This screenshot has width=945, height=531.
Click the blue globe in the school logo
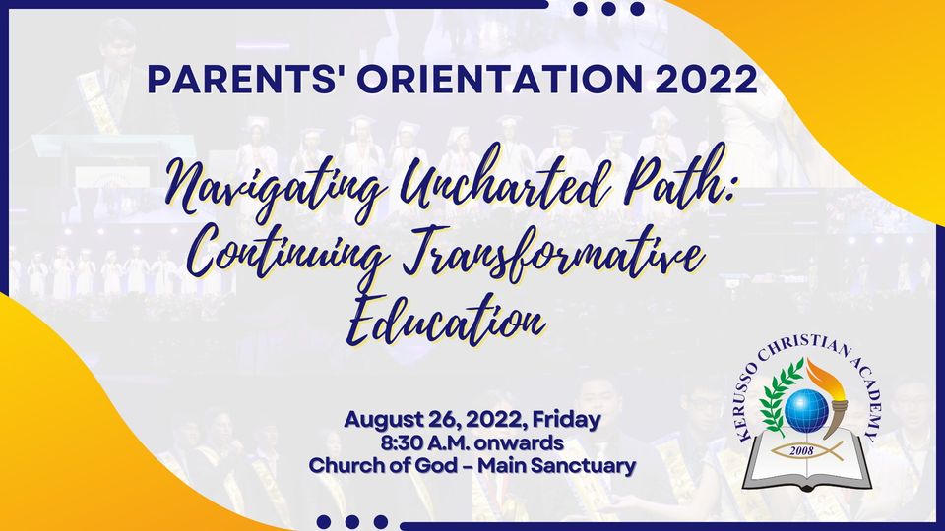pos(806,411)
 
